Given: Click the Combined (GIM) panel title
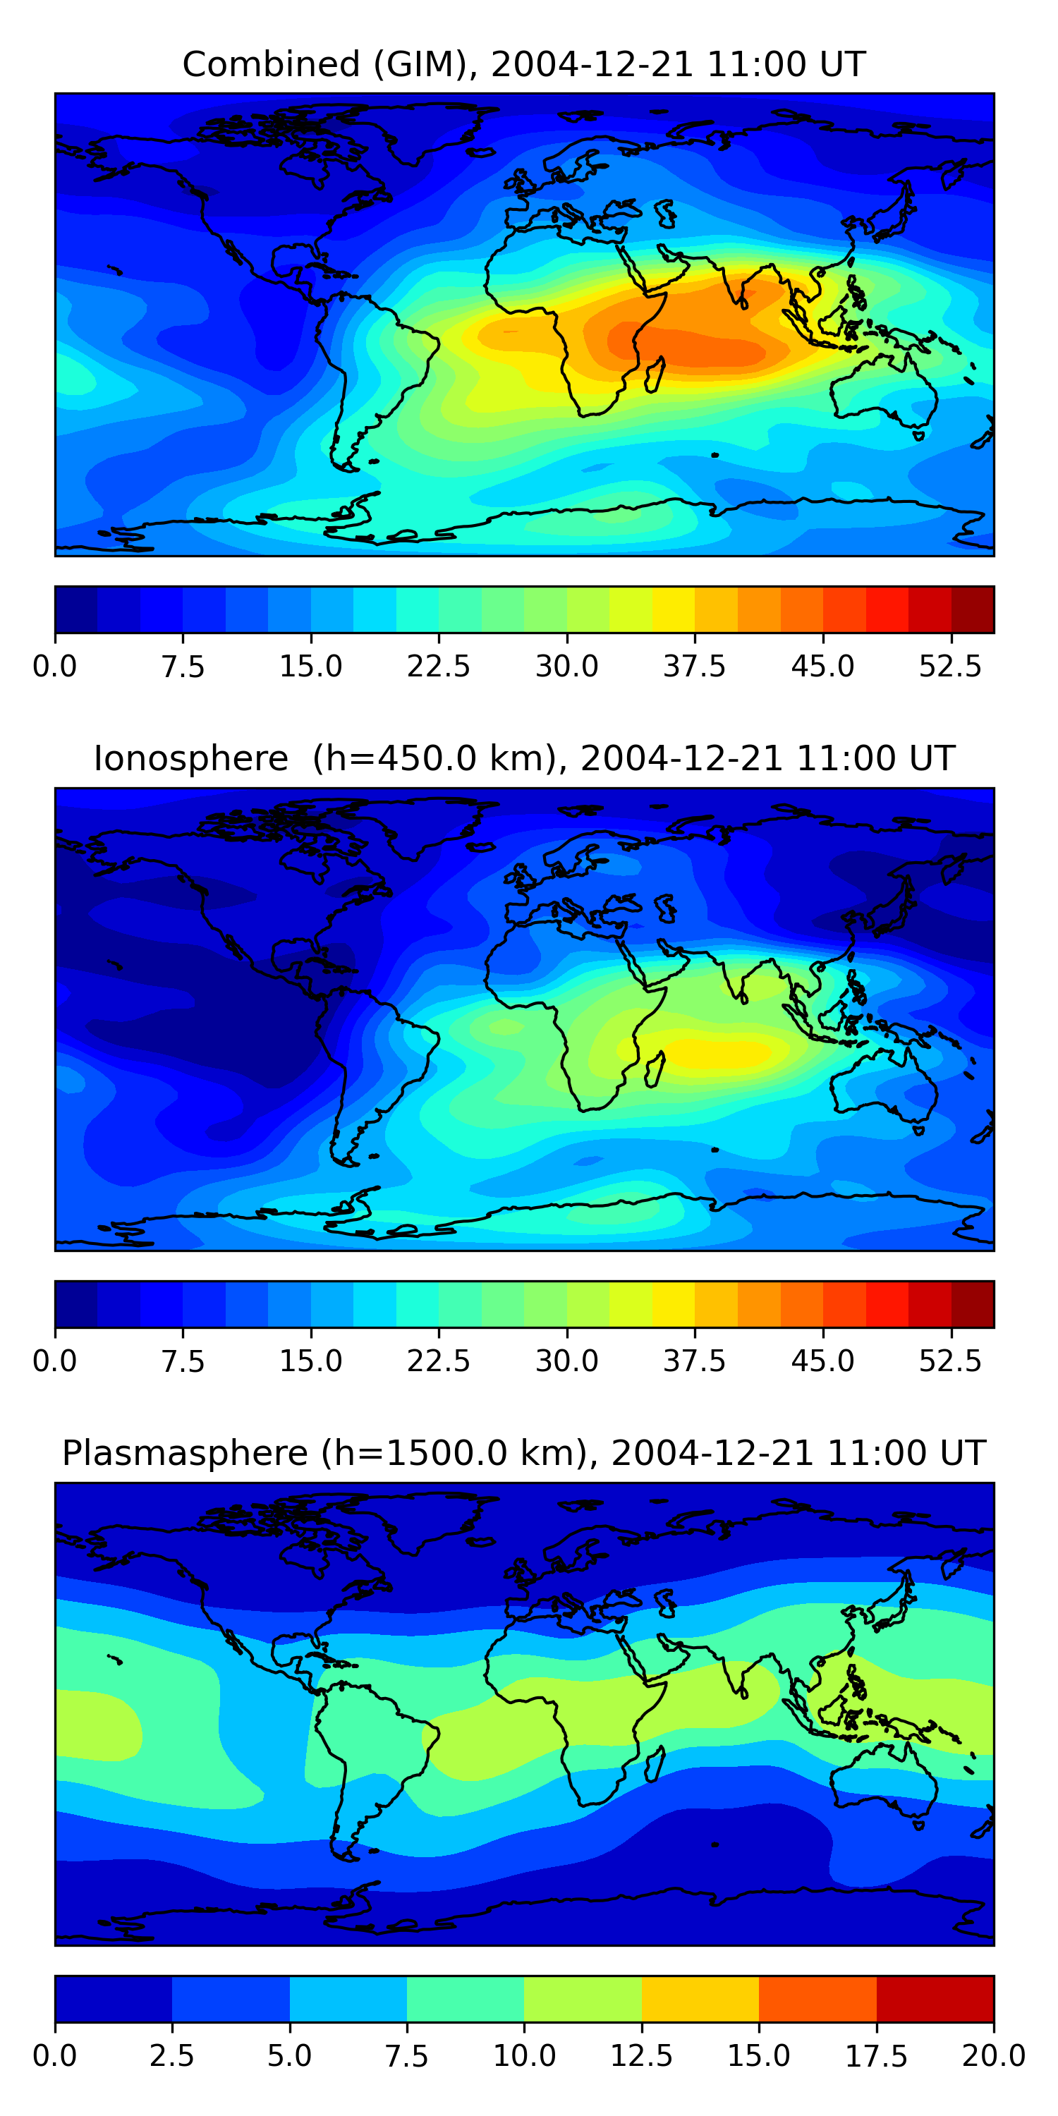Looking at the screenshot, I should [524, 64].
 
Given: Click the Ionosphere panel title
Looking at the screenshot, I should [524, 758].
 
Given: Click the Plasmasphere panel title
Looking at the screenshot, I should [524, 1453].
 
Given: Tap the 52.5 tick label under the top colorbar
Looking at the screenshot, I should [950, 666].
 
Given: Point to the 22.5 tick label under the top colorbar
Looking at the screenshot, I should [439, 666].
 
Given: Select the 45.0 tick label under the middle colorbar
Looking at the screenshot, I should [822, 1361].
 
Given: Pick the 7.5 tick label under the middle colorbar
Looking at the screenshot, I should [183, 1361].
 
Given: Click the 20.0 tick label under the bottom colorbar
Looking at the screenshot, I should [993, 2056].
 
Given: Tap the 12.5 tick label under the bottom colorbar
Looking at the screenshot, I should [642, 2056].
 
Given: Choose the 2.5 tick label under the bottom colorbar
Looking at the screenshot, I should [171, 2056].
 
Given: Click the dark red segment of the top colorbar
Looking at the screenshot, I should [973, 609].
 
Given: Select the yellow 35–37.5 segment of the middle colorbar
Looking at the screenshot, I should [674, 1304].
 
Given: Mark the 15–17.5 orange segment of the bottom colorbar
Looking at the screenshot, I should [817, 1998].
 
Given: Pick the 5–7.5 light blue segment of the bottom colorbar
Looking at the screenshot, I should [348, 1998].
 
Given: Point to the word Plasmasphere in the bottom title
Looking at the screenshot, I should [185, 1453].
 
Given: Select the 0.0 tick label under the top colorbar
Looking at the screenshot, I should [55, 666].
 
